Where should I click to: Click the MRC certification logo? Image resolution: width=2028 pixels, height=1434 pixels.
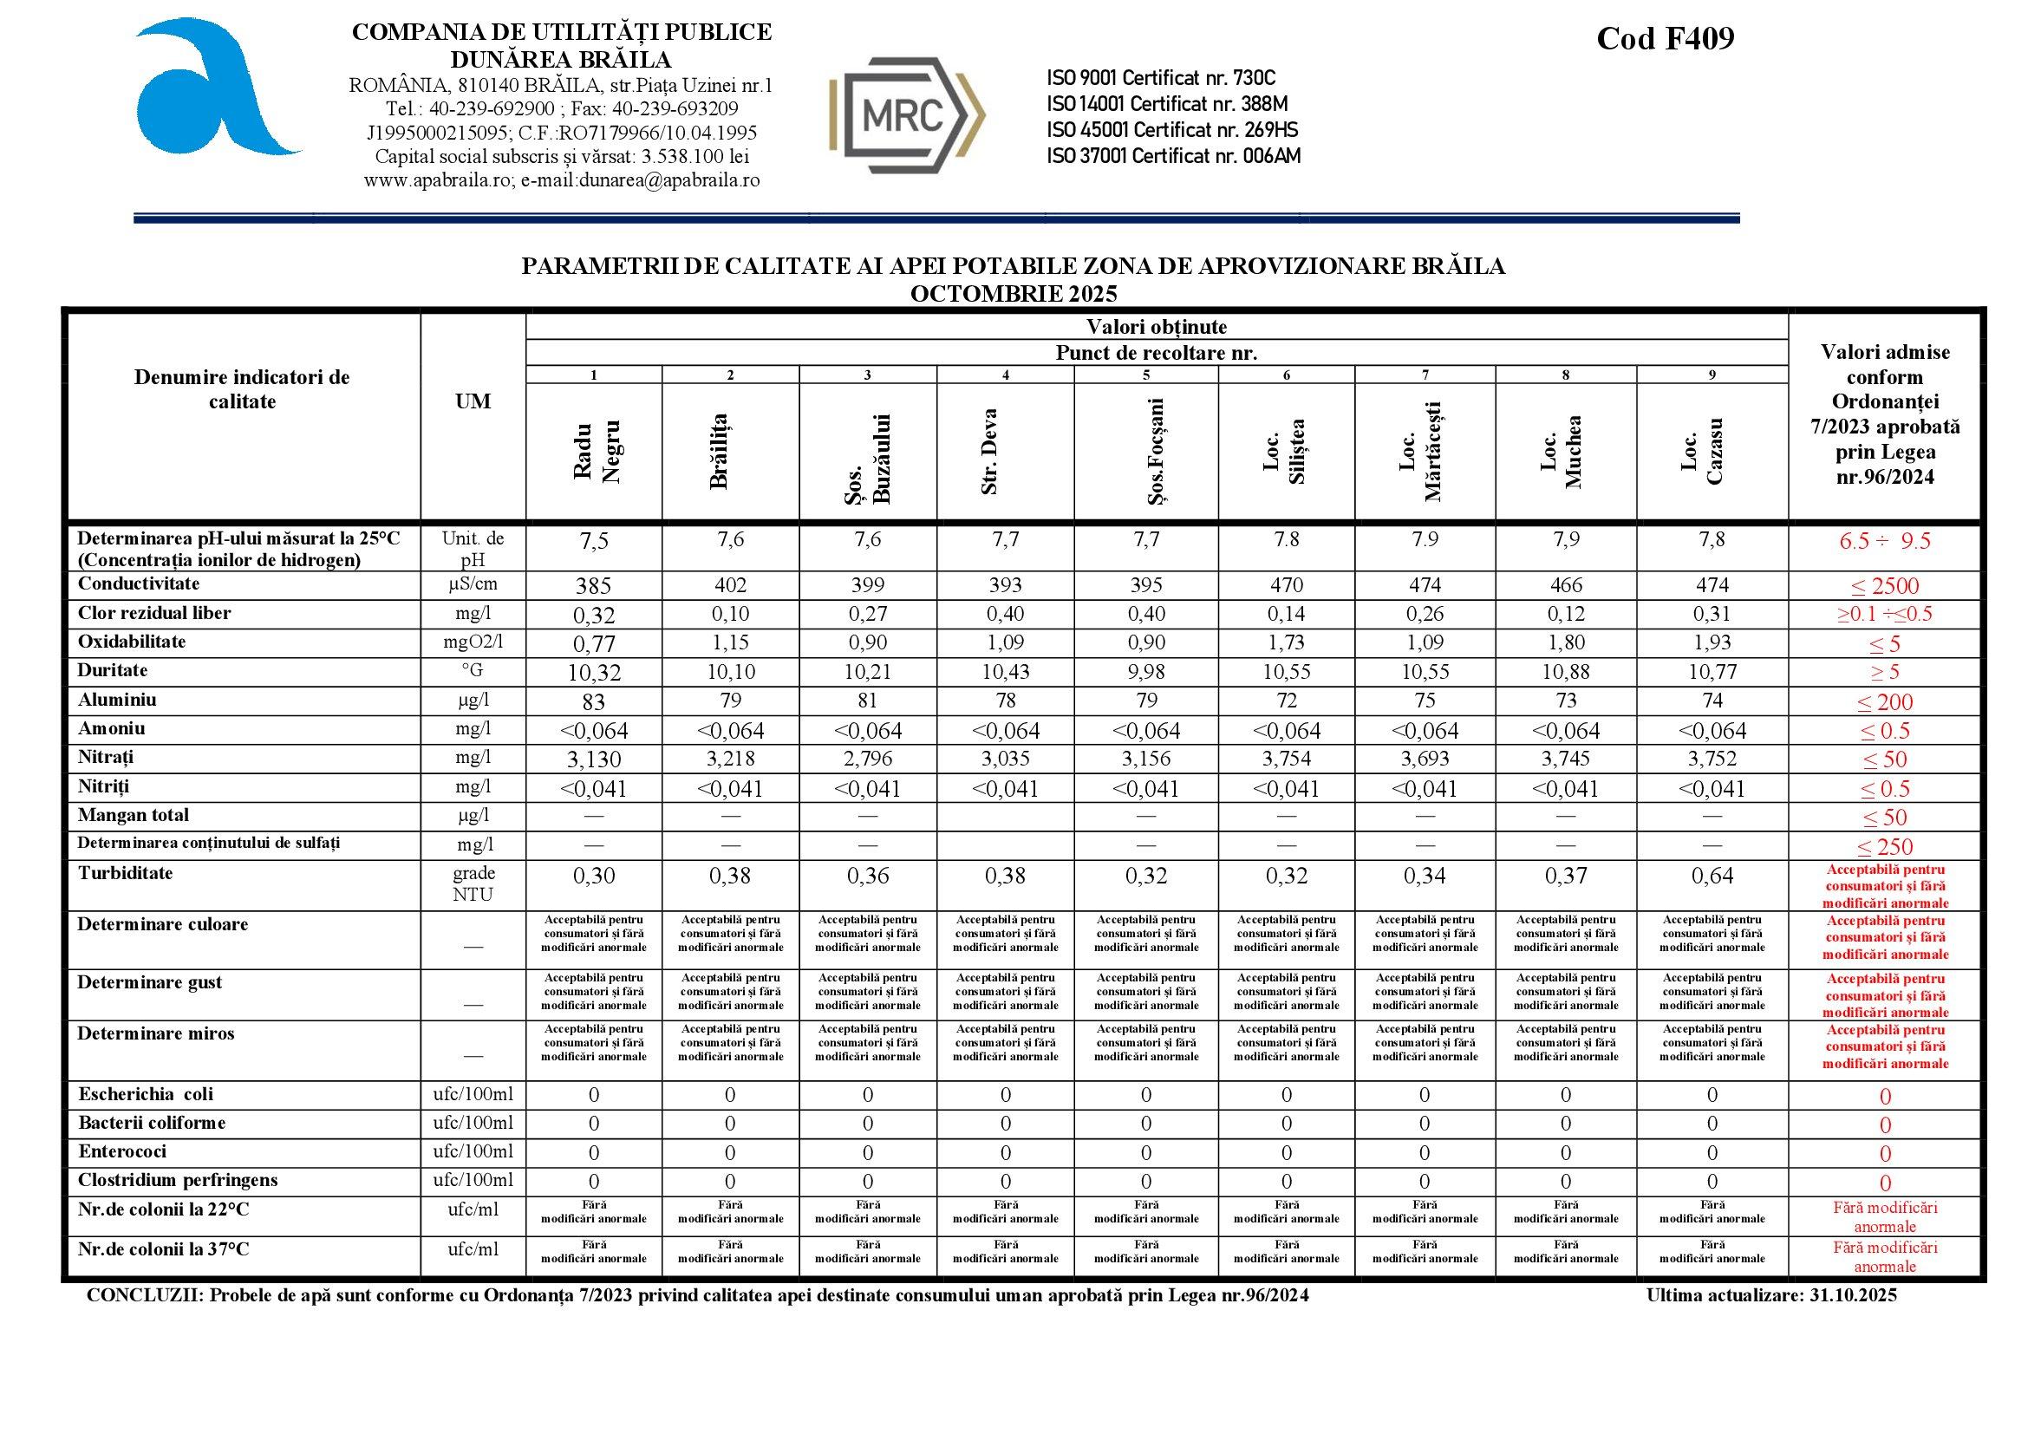(x=907, y=115)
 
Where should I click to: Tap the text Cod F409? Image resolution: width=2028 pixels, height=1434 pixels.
(x=1665, y=39)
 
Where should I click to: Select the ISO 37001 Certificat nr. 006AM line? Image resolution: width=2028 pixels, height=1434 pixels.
(x=1173, y=156)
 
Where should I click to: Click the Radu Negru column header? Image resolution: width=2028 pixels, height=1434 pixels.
(x=596, y=451)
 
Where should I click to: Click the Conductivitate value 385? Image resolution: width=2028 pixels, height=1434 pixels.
(x=594, y=586)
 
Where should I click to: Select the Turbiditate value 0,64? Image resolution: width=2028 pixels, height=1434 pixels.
(x=1711, y=876)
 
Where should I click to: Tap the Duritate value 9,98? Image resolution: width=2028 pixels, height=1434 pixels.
(x=1145, y=672)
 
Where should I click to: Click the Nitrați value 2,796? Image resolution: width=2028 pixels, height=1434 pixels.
(x=867, y=759)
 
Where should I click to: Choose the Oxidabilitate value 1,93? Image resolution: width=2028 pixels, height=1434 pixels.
(x=1711, y=642)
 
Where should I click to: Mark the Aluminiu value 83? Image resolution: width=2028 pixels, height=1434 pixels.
(x=594, y=703)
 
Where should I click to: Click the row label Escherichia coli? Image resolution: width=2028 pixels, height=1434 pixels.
(x=146, y=1094)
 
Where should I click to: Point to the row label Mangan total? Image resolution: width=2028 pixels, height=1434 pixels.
(x=134, y=815)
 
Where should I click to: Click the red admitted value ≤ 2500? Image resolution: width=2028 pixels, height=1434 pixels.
(x=1885, y=586)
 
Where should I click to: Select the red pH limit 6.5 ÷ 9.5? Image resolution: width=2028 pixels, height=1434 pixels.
(x=1885, y=541)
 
